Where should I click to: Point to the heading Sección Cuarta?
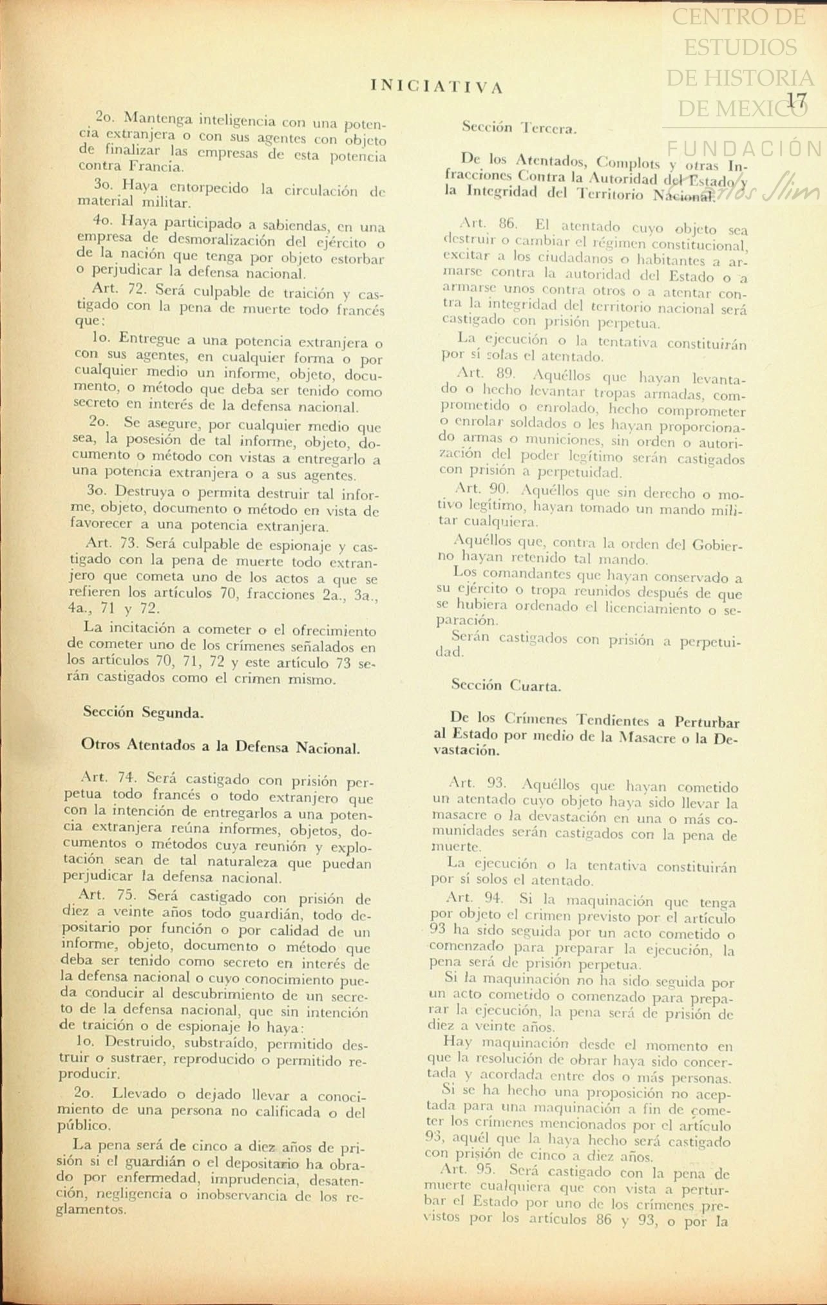(x=506, y=686)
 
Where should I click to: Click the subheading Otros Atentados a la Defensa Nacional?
(x=220, y=747)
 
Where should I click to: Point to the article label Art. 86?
(x=488, y=224)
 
